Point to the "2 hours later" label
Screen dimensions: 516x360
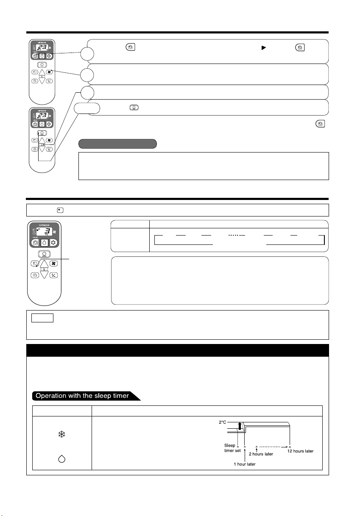tap(260, 454)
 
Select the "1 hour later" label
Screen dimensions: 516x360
tap(245, 464)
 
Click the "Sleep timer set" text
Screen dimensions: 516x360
tap(232, 448)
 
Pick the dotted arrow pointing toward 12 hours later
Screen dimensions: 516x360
tap(273, 446)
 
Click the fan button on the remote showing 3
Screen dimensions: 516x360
tap(54, 263)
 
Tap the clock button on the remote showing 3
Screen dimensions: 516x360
tap(35, 275)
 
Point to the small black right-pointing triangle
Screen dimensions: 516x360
tap(263, 48)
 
